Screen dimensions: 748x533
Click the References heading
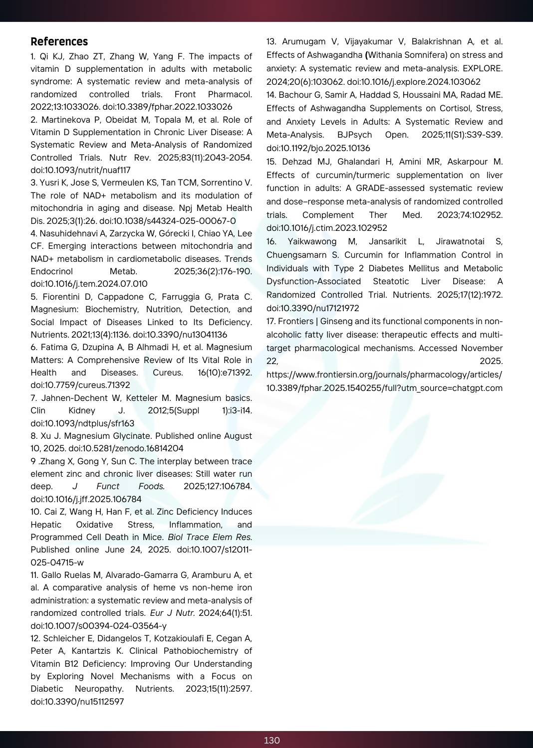(x=59, y=42)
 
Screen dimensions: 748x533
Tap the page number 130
(x=271, y=740)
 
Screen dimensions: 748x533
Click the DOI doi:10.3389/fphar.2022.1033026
(x=167, y=107)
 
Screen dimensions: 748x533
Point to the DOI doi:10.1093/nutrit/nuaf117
(x=80, y=170)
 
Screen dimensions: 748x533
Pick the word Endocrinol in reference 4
(x=51, y=271)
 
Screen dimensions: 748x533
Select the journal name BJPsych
(x=354, y=135)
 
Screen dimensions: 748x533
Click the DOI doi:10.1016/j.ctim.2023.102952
(x=326, y=228)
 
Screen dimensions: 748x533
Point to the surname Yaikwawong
(x=312, y=241)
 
